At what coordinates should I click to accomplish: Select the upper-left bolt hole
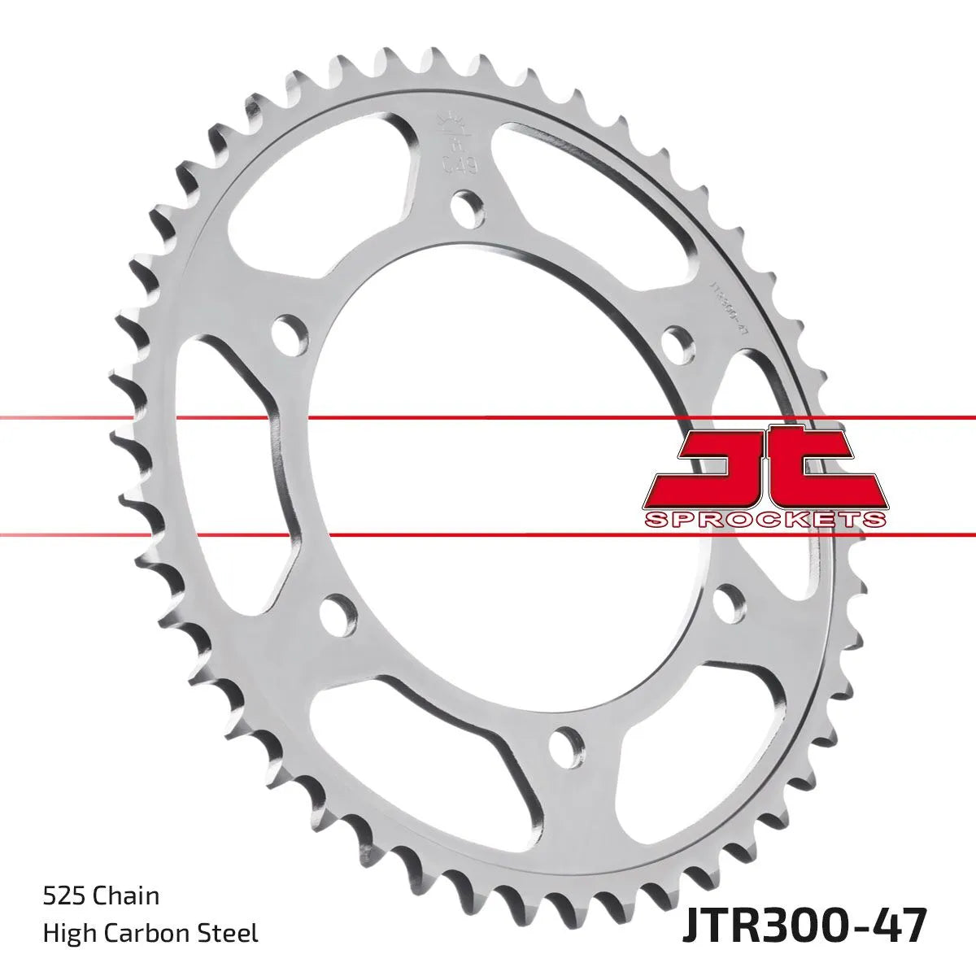click(289, 331)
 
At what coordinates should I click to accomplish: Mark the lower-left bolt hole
click(337, 614)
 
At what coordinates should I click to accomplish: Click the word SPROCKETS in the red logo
click(765, 520)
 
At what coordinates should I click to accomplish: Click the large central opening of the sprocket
click(488, 472)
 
